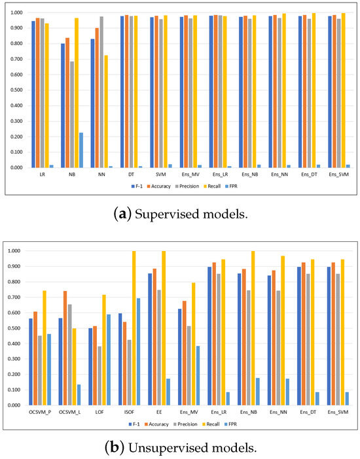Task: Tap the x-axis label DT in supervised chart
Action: click(x=132, y=176)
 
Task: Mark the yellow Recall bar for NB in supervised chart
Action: click(x=76, y=92)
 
